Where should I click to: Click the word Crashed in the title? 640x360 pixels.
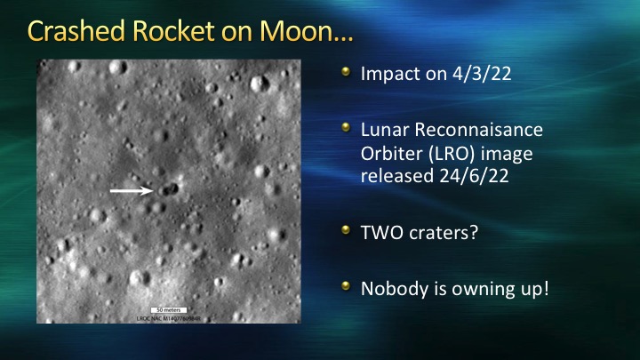click(76, 31)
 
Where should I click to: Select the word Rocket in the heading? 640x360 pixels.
click(173, 31)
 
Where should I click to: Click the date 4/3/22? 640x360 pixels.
click(482, 74)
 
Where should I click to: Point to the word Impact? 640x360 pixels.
click(390, 75)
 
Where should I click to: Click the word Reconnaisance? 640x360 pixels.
click(479, 130)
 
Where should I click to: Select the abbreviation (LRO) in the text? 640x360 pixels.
click(452, 154)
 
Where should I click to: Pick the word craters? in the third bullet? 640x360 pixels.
click(444, 233)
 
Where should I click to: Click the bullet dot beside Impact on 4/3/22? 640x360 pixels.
click(346, 72)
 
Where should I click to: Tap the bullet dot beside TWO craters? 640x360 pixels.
click(346, 230)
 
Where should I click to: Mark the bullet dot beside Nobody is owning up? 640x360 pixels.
click(346, 285)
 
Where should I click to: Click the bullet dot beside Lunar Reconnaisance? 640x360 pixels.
click(346, 128)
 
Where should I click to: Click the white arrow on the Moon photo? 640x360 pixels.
click(132, 190)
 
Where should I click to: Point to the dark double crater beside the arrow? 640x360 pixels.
click(169, 189)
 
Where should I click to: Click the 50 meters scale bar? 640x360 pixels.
click(169, 310)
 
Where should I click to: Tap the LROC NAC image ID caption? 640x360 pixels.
click(169, 318)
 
